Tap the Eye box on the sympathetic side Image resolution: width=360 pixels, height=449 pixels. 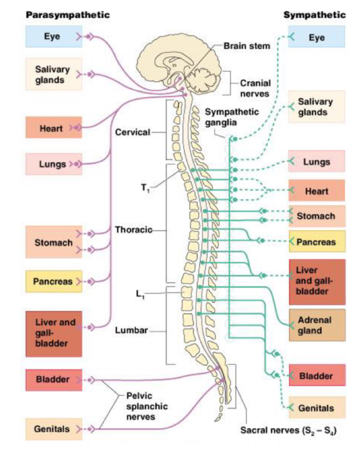click(317, 38)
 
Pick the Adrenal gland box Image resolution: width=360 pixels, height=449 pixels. click(317, 326)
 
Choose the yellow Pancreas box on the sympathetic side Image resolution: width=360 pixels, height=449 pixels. click(317, 242)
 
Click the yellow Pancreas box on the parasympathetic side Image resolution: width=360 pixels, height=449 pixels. click(53, 281)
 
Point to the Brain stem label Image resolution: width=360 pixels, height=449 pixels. click(247, 46)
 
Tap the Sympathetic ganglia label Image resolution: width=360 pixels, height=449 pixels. click(232, 117)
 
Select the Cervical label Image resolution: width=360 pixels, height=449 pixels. click(132, 133)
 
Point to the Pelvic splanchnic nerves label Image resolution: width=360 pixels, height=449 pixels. click(147, 406)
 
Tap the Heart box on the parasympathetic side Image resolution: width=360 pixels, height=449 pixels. click(53, 128)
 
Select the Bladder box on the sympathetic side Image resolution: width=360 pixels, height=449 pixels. click(316, 376)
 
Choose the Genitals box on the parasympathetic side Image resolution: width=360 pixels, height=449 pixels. click(53, 429)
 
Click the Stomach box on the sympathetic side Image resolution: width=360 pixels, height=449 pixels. click(316, 216)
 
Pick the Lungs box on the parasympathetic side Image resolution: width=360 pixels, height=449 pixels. click(53, 164)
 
